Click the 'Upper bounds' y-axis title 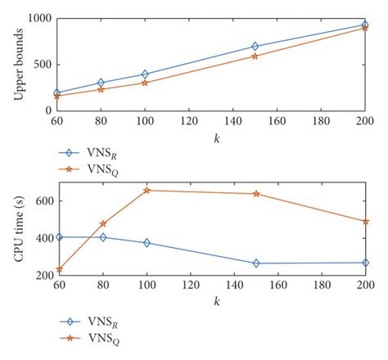point(17,64)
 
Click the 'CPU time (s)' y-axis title point(17,231)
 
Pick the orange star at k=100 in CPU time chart point(147,190)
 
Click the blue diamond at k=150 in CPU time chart point(256,263)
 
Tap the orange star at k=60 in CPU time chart point(59,268)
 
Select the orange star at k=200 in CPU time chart point(366,221)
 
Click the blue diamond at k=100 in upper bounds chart point(146,74)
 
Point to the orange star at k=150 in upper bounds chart point(255,56)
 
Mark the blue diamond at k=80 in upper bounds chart point(102,83)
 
